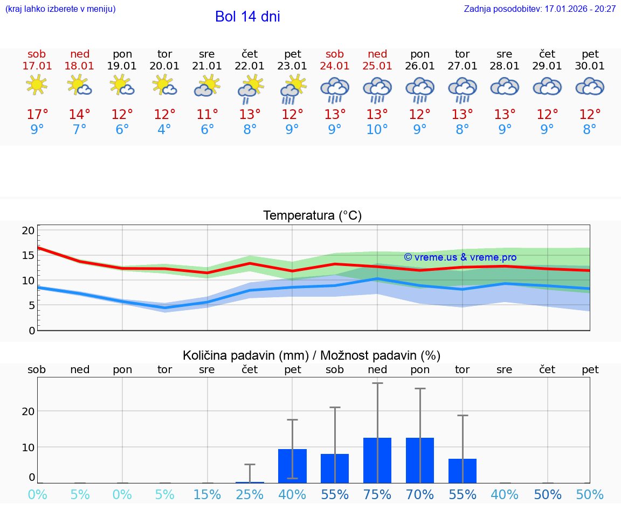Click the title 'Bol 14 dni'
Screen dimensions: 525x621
[247, 17]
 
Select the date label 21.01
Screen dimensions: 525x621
[207, 66]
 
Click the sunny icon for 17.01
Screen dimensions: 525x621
[37, 85]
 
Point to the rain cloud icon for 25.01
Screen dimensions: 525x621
[377, 88]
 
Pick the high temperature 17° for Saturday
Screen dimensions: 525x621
[37, 115]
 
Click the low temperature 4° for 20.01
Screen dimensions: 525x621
[164, 130]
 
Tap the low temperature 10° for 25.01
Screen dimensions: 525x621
[377, 130]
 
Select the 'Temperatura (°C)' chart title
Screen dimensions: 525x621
[312, 216]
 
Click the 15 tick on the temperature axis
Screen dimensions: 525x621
[29, 255]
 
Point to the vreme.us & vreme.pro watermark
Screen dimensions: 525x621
[460, 257]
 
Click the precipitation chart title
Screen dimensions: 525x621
[312, 355]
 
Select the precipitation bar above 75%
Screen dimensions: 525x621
[377, 460]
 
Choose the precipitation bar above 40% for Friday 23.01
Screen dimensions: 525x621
[292, 466]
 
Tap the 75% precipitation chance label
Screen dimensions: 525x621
[377, 495]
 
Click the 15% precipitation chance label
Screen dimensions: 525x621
[207, 495]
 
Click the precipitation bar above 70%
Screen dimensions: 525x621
[420, 460]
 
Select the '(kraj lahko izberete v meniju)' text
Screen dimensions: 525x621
[60, 9]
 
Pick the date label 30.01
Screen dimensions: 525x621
[590, 66]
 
